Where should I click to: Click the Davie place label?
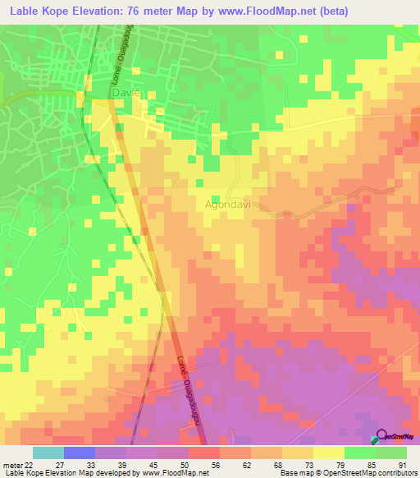[126, 94]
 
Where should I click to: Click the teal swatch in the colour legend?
[48, 453]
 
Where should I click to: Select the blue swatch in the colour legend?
[80, 453]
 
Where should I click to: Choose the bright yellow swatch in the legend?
[328, 453]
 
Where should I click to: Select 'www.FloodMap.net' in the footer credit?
[175, 473]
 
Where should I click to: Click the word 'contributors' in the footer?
[396, 473]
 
